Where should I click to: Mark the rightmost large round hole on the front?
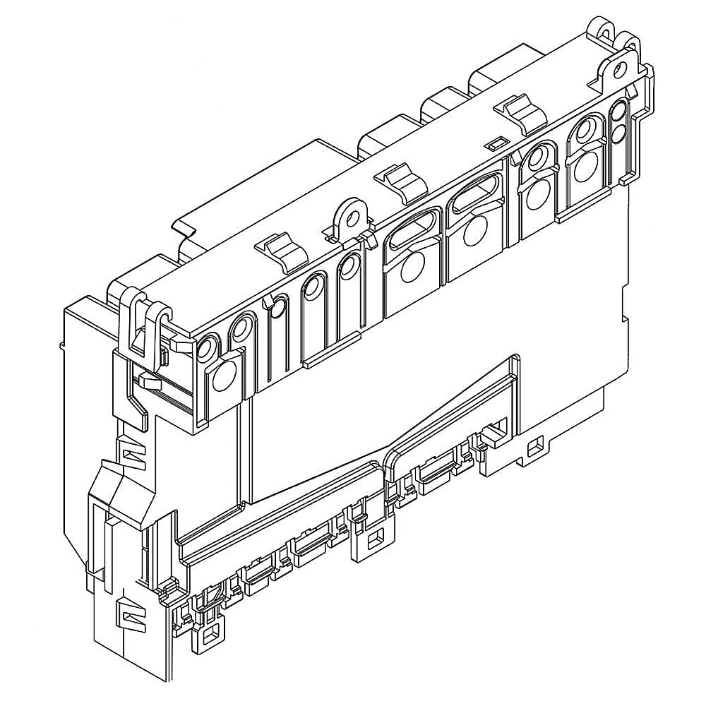[583, 169]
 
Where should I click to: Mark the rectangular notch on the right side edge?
[624, 299]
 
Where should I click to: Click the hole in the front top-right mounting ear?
[620, 68]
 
